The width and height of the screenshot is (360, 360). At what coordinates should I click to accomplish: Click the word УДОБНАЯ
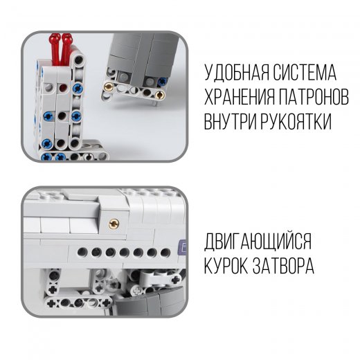pos(237,73)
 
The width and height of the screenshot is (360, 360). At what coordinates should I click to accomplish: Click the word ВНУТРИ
pos(231,122)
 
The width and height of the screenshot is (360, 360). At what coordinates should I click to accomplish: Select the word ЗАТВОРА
pos(283,266)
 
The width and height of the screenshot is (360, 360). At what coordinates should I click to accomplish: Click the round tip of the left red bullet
pos(55,37)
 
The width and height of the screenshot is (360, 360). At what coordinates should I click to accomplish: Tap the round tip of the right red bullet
pos(67,37)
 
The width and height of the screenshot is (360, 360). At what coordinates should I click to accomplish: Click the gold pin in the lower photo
pos(114,223)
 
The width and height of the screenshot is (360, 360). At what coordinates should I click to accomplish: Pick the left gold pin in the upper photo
pos(109,87)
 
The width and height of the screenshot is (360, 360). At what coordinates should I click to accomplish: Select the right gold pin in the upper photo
pos(160,95)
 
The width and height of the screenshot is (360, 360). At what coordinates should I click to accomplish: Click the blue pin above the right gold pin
pos(163,81)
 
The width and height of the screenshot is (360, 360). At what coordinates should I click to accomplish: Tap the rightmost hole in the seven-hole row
pos(165,253)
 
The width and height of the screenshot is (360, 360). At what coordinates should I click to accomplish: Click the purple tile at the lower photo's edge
pos(183,247)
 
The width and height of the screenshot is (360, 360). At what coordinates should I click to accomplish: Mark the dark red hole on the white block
pos(63,88)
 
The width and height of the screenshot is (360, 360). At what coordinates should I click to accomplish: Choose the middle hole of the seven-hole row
pos(124,253)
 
